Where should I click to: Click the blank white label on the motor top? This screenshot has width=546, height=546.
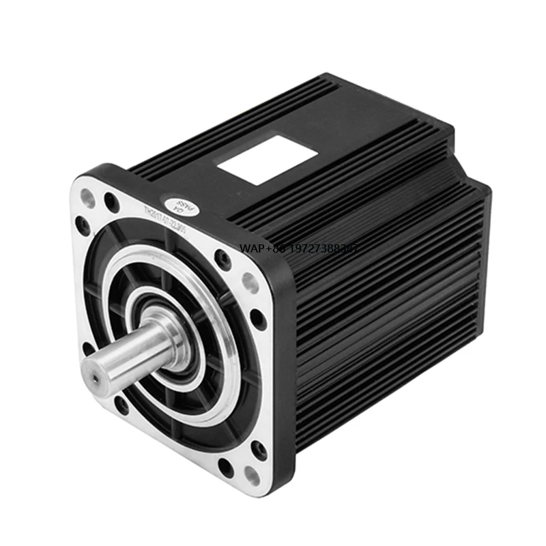[x=267, y=159]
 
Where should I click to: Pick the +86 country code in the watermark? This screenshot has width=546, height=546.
[x=278, y=250]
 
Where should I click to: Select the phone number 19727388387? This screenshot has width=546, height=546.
[x=324, y=250]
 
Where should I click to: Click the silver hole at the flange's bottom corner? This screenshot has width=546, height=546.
[x=252, y=475]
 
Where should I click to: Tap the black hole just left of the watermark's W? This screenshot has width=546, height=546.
[x=222, y=258]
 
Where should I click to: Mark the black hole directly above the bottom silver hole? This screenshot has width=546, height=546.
[x=258, y=448]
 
